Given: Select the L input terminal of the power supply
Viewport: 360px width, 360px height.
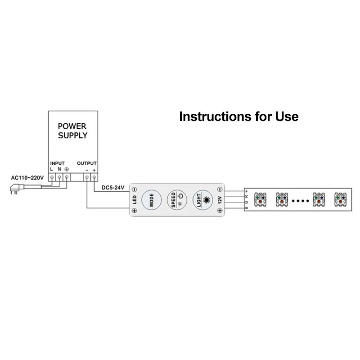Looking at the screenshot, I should [x=52, y=178].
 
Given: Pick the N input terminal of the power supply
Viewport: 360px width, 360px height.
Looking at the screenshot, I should [x=60, y=178].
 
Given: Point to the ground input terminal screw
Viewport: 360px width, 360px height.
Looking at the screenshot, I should [x=67, y=178].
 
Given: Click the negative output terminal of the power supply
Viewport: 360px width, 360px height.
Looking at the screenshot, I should [x=87, y=178].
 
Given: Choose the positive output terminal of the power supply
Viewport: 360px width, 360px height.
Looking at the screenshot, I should [x=94, y=178].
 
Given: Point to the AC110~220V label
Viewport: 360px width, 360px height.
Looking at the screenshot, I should [x=27, y=178].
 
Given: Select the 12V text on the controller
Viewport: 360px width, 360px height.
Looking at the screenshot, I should [x=220, y=199].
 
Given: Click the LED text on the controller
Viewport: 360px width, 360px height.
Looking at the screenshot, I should [x=135, y=199].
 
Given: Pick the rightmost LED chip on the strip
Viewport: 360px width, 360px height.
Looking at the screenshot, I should [x=341, y=199].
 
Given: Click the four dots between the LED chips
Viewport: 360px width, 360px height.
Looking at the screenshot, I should [x=301, y=199].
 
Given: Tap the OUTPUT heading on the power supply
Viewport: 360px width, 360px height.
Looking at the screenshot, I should [x=87, y=162].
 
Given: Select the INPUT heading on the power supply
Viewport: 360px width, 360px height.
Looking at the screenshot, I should [x=58, y=162].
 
